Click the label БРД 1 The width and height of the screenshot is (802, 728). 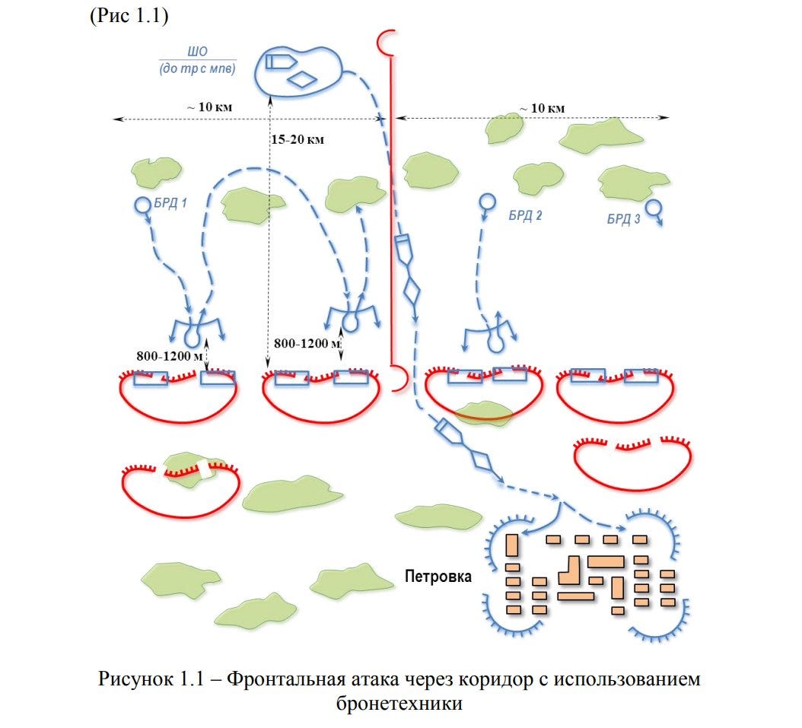point(170,203)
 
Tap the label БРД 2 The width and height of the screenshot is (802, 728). point(525,215)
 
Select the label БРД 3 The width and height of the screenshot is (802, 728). point(623,219)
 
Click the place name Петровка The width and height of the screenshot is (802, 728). point(438,576)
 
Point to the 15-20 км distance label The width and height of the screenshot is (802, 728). point(298,139)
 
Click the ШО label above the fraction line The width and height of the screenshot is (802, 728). point(197,52)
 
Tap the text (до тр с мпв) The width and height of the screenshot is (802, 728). point(197,68)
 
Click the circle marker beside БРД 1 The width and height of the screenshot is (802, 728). point(143,205)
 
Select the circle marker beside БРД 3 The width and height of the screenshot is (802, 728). point(652,207)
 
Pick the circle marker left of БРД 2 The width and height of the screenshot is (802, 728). point(487,202)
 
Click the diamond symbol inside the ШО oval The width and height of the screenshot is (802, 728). point(302,79)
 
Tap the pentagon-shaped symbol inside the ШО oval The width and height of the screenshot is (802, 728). point(281,62)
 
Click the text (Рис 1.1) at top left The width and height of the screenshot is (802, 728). point(129,15)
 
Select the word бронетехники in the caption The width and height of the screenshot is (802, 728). point(399,703)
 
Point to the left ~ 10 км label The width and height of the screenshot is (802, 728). point(210,106)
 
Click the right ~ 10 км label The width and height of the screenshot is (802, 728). point(543,108)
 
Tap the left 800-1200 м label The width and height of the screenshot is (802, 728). point(170,356)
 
